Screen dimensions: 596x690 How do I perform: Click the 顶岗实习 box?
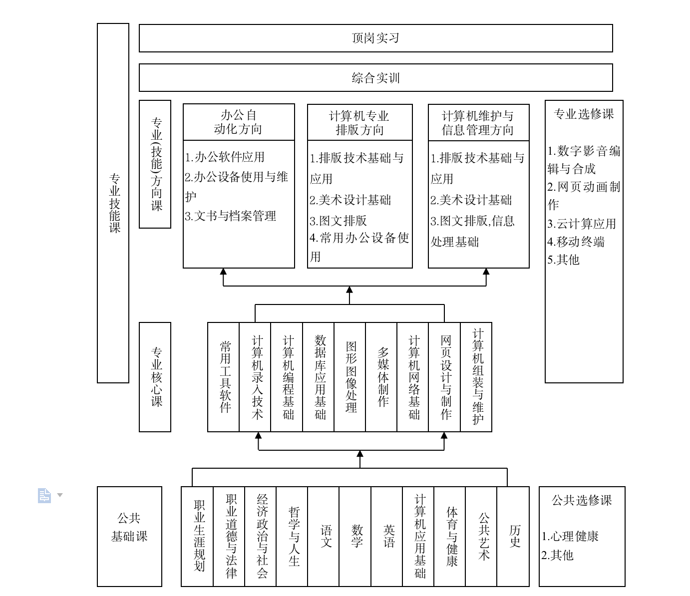click(x=375, y=38)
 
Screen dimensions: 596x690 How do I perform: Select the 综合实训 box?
click(x=375, y=78)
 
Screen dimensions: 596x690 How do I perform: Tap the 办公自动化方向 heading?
click(x=238, y=122)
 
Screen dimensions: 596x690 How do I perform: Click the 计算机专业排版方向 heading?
click(x=359, y=123)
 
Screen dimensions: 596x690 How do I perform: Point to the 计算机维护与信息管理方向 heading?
click(x=478, y=123)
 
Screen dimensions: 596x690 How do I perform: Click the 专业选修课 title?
click(x=583, y=114)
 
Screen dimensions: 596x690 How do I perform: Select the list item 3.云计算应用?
click(x=582, y=224)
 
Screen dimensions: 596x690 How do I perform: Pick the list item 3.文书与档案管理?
click(x=231, y=216)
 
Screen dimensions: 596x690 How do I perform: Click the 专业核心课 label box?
click(x=155, y=377)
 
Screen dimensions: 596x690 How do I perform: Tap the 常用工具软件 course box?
click(x=224, y=377)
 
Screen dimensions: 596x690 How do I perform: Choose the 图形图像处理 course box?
click(x=350, y=377)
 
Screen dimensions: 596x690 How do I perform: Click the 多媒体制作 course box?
click(x=381, y=377)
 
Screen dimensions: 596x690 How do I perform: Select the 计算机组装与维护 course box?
click(x=476, y=377)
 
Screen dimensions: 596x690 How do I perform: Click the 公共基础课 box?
click(x=129, y=536)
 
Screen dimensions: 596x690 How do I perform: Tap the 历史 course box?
click(x=513, y=536)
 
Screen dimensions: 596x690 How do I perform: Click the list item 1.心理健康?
click(x=570, y=537)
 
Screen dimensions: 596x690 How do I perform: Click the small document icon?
click(x=44, y=495)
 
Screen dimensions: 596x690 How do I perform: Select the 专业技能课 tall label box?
click(x=113, y=203)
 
